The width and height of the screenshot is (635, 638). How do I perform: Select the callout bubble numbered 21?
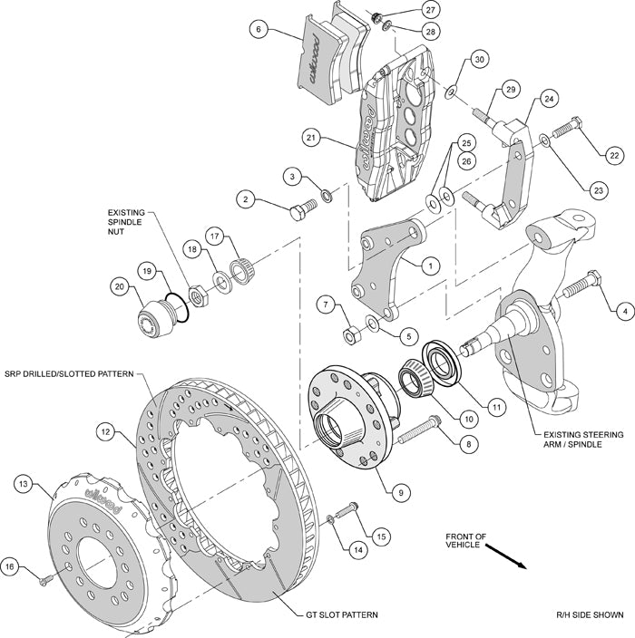[x=311, y=138]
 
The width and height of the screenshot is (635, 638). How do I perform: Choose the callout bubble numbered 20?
[x=118, y=286]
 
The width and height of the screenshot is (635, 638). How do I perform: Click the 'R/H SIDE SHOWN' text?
[x=590, y=615]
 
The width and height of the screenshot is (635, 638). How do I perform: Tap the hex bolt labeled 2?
[x=299, y=213]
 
